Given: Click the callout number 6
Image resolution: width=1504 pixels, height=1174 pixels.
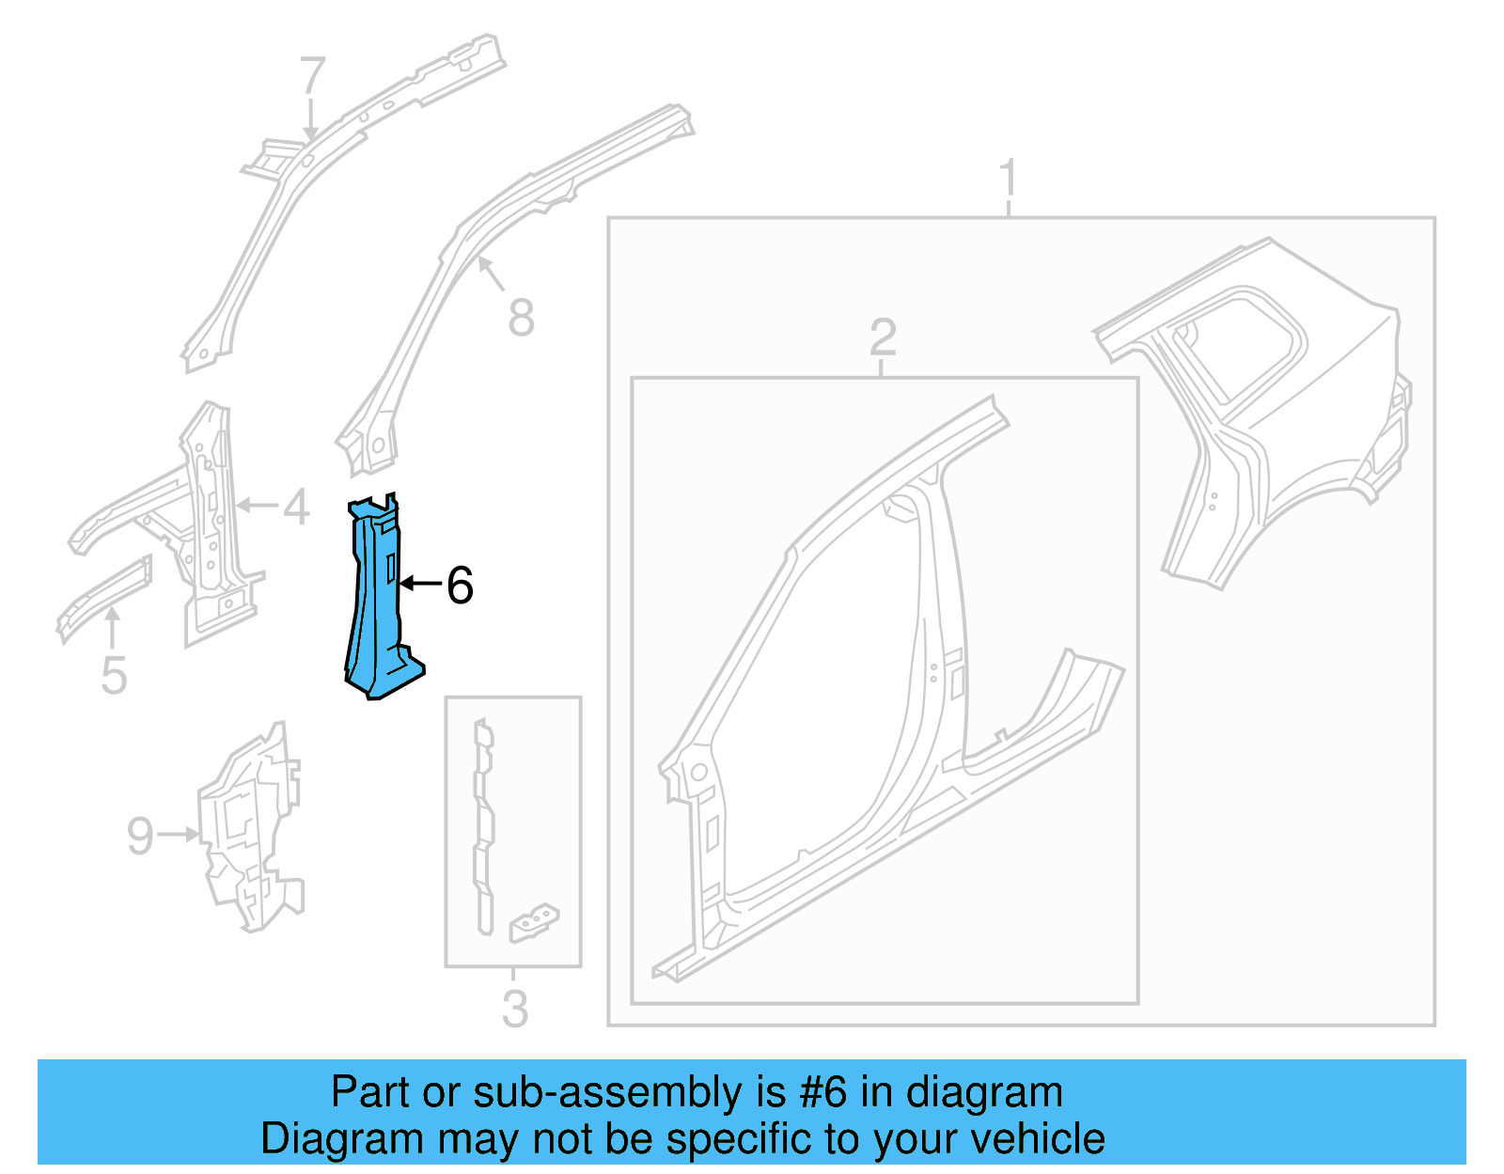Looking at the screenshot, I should click(460, 586).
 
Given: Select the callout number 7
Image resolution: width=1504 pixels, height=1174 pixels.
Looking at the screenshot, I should click(312, 76).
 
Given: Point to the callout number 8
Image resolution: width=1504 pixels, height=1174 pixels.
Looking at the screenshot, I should click(521, 318).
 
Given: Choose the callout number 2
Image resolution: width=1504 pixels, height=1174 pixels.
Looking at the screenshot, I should click(883, 337).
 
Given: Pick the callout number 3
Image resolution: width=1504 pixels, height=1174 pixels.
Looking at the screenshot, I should click(514, 1009).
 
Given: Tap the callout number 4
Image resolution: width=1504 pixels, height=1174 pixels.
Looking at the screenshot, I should click(296, 507).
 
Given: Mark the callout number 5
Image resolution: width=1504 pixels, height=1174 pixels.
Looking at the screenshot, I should click(114, 676).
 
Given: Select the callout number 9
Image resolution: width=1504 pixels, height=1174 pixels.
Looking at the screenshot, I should click(140, 836).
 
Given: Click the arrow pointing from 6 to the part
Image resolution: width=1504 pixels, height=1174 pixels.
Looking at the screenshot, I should click(420, 585).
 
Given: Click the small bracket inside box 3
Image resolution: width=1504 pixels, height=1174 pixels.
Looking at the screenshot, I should click(533, 923).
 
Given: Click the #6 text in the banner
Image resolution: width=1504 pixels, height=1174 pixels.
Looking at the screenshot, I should click(822, 1092).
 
